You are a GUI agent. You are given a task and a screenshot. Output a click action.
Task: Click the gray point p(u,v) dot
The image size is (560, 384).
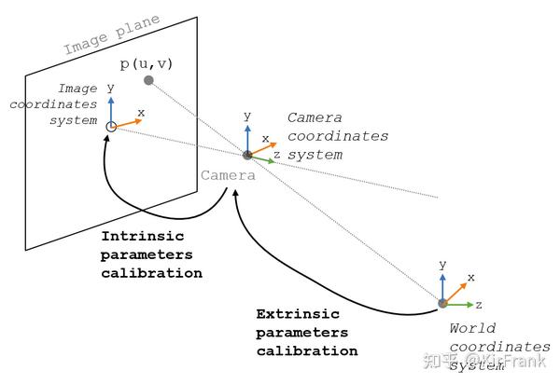click(148, 80)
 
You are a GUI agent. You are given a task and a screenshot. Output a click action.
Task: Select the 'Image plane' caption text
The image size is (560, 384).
click(113, 35)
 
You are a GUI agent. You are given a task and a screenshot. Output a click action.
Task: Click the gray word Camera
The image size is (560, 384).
click(228, 175)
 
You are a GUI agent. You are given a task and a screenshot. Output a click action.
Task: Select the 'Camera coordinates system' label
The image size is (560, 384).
click(337, 136)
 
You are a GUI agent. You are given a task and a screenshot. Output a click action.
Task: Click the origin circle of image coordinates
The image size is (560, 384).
click(111, 126)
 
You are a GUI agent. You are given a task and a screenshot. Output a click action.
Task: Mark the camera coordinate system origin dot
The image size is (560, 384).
click(247, 155)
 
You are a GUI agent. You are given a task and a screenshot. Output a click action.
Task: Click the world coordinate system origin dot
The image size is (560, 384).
click(442, 303)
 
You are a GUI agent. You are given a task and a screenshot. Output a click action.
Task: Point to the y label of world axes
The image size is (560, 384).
click(442, 265)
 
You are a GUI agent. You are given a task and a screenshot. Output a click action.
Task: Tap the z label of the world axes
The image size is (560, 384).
click(478, 304)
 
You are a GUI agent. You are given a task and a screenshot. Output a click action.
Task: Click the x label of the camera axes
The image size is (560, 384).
click(265, 138)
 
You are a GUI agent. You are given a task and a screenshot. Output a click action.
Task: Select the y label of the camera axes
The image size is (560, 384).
click(246, 116)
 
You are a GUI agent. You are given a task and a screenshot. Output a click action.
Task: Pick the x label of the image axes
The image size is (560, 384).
click(141, 112)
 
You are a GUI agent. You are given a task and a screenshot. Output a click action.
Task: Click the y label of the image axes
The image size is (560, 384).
click(110, 87)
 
